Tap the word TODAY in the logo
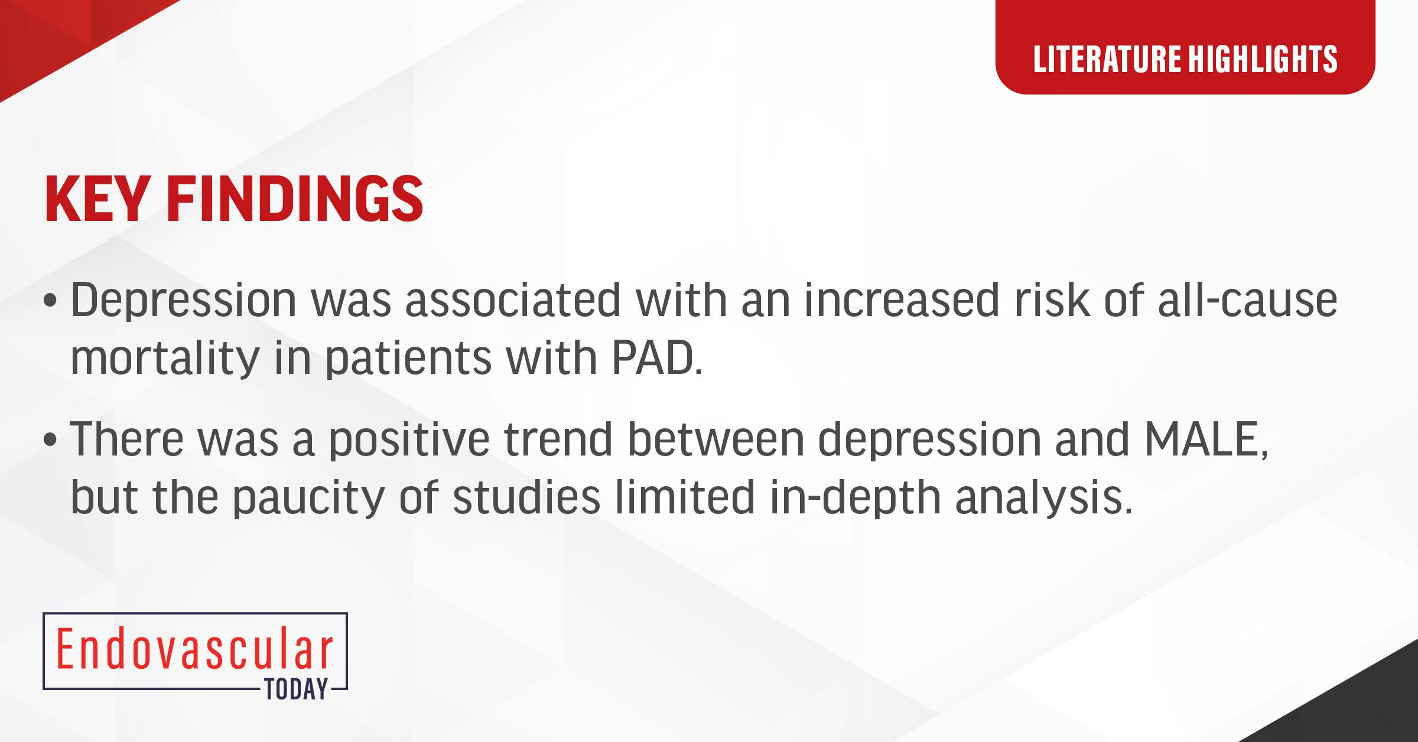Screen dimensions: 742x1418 tap(296, 689)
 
